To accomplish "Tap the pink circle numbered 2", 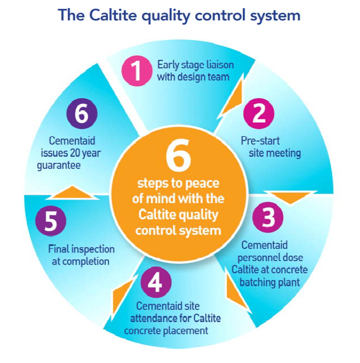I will (x=259, y=114).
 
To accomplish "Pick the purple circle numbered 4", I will (x=155, y=283).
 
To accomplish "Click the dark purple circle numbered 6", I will (x=82, y=115).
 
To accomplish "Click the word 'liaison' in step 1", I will (x=218, y=65).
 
